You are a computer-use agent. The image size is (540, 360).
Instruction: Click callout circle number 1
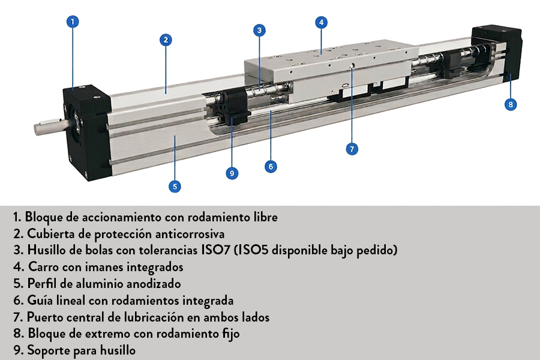72,22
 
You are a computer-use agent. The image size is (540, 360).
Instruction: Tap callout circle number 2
166,40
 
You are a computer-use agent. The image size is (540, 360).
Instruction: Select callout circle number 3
259,30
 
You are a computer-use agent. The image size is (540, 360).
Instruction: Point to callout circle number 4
321,22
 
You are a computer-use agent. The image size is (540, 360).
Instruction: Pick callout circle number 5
175,186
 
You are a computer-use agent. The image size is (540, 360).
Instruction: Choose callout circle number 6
271,166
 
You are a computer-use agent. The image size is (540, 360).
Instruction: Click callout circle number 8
510,104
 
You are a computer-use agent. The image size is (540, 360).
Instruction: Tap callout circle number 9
232,173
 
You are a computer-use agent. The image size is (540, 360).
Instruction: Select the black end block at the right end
496,54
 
